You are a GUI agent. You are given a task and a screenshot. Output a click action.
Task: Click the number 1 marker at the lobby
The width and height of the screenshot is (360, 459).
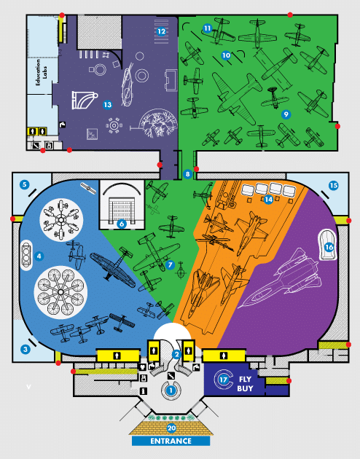click(x=171, y=391)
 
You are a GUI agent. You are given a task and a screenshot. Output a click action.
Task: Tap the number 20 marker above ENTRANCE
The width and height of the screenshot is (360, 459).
click(x=171, y=428)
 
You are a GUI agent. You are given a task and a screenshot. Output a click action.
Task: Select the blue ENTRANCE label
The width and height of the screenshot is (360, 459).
click(x=171, y=441)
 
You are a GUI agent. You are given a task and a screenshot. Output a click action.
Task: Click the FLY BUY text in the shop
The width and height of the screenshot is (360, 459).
click(x=245, y=384)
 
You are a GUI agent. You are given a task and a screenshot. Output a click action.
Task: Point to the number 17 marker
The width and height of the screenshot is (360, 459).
click(x=223, y=380)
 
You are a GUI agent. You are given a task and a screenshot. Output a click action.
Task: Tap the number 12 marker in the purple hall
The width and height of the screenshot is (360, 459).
click(x=161, y=31)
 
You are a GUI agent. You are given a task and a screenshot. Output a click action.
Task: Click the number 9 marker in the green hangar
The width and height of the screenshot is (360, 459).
click(x=286, y=114)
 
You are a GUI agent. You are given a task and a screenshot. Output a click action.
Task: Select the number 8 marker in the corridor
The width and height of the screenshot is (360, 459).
click(x=187, y=174)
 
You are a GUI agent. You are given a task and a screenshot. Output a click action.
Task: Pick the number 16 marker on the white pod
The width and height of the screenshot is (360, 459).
click(x=329, y=248)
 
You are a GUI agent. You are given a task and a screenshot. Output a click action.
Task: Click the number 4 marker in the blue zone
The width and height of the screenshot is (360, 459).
click(x=39, y=256)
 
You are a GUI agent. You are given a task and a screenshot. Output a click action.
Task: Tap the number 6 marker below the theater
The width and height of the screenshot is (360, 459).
click(x=122, y=224)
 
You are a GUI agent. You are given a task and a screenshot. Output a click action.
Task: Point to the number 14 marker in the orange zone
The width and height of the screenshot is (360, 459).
click(x=268, y=200)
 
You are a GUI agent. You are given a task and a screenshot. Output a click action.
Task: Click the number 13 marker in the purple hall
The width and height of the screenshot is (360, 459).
click(x=107, y=104)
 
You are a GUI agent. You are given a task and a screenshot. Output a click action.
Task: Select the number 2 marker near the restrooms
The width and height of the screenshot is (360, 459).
click(x=176, y=355)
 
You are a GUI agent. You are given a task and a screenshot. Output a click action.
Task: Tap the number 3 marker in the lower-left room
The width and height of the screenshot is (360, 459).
click(x=26, y=349)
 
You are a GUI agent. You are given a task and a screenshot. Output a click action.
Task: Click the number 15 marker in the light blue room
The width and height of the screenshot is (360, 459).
click(x=333, y=185)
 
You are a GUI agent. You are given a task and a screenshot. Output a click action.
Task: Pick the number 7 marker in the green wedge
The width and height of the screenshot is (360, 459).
click(x=170, y=265)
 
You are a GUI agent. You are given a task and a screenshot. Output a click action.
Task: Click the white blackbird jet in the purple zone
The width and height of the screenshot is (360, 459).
click(x=280, y=278)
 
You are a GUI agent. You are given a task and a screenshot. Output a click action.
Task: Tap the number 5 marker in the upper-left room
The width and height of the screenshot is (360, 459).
click(x=24, y=184)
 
